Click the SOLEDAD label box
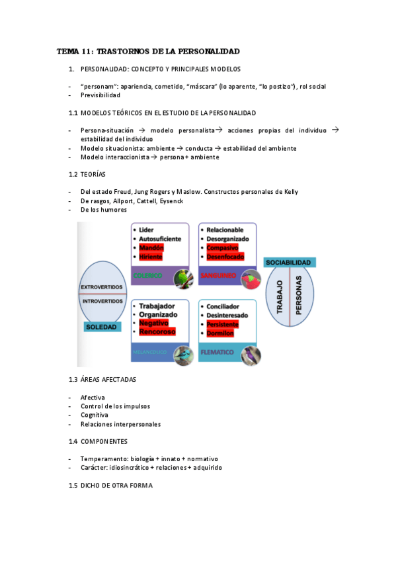[102, 327]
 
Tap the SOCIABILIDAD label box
[289, 263]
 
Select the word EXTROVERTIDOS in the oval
[101, 286]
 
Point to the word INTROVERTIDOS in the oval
[101, 300]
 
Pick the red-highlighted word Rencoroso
[157, 332]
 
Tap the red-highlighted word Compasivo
[222, 247]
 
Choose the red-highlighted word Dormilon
[221, 333]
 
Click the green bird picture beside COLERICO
[182, 278]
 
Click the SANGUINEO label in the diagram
[217, 275]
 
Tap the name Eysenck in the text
[171, 200]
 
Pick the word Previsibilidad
[102, 95]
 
